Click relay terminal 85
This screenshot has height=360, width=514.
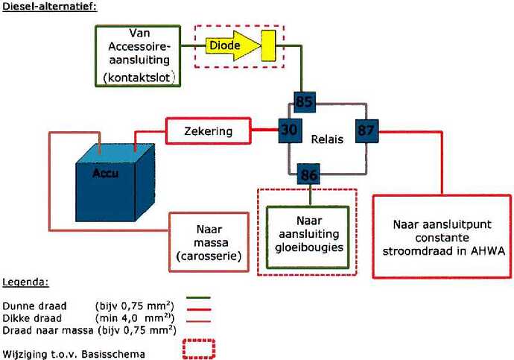point(305,102)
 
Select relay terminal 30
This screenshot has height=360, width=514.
point(290,130)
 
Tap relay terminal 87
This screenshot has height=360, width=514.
point(367,131)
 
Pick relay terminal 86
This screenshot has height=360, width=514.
point(308,174)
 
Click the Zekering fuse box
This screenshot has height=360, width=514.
point(209,131)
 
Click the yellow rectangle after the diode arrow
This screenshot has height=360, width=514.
point(268,45)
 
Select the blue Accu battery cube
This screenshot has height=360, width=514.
point(115,183)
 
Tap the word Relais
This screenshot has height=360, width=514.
point(327,139)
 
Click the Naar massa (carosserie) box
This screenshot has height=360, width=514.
point(209,242)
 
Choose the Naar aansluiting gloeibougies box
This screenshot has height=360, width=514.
point(308,237)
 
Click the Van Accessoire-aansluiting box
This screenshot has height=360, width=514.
point(138,56)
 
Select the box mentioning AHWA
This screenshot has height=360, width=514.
point(442,236)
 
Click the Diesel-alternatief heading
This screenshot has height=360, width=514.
point(50,6)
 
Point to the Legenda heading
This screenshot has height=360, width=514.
point(25,282)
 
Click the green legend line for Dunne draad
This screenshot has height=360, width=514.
point(198,297)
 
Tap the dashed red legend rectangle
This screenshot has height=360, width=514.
point(199,349)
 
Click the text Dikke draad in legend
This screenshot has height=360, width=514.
point(32,318)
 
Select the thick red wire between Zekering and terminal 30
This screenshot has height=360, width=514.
point(265,130)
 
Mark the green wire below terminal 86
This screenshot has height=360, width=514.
point(310,195)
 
